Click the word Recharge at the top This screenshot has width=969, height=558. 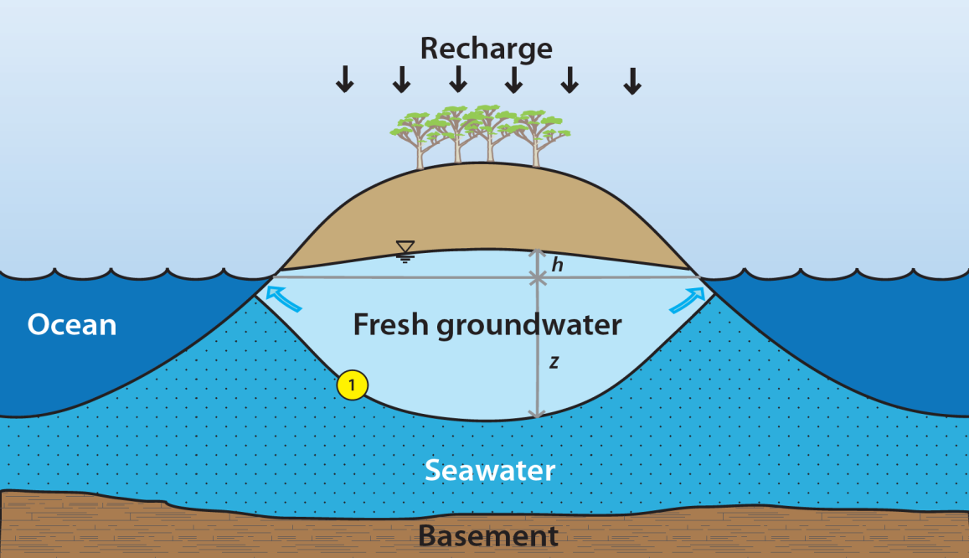(x=486, y=48)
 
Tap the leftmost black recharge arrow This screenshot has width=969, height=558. (x=344, y=79)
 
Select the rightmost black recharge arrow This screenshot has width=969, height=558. (x=633, y=79)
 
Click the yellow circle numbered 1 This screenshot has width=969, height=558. (x=352, y=385)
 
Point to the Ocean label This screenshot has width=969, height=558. (x=71, y=325)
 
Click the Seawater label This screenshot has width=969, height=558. (x=489, y=470)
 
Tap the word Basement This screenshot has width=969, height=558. (x=487, y=535)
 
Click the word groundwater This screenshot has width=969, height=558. (x=529, y=325)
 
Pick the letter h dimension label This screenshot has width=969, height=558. (x=557, y=266)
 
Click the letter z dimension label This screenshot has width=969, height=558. (x=554, y=362)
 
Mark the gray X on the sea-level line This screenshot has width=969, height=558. (x=537, y=277)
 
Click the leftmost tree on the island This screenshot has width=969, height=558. (x=415, y=138)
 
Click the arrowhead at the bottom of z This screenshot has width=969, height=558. (x=537, y=412)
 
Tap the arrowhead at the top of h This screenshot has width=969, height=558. (x=537, y=253)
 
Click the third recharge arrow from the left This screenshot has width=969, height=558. (x=457, y=79)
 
